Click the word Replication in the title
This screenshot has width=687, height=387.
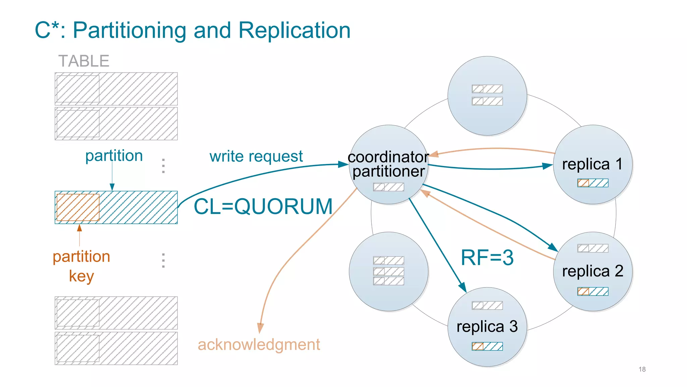pos(294,30)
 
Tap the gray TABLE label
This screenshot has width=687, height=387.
pos(84,61)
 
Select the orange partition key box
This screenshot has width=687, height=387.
pos(78,207)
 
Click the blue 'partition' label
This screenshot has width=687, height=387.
pos(114,156)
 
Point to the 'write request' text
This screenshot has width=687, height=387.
pos(256,157)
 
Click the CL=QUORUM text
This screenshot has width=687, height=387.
pos(263,206)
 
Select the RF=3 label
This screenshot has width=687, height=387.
pos(487,258)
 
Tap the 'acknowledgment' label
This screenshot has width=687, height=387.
pos(259,345)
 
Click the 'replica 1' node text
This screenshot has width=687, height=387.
pos(592,164)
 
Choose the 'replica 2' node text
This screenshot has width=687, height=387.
pos(592,271)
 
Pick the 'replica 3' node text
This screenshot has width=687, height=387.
pos(487,327)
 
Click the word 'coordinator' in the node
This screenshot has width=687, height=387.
pos(388,157)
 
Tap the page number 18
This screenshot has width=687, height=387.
pos(642,369)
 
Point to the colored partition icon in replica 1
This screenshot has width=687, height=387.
pos(593,183)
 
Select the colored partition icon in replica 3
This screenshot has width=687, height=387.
pos(487,346)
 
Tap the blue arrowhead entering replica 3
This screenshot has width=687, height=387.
pos(463,288)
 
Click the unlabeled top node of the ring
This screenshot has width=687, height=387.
pos(487,96)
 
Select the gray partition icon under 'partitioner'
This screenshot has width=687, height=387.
pos(388,187)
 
